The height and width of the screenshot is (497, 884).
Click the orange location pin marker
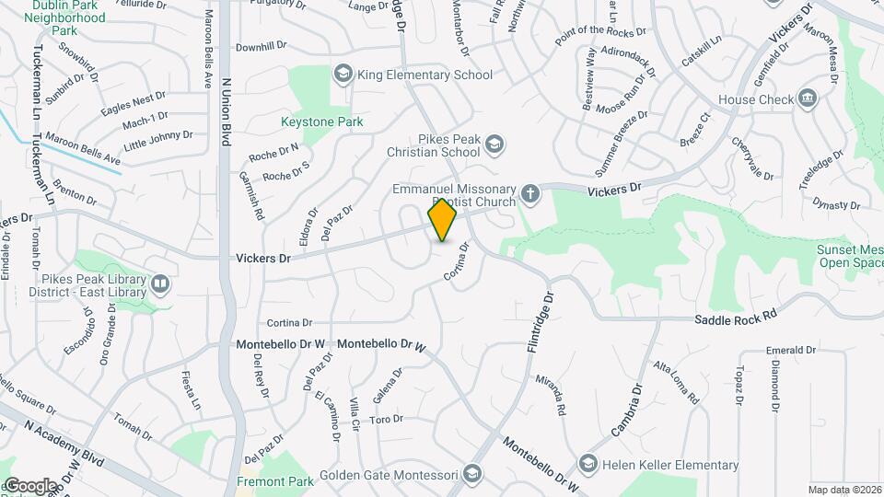click(443, 220)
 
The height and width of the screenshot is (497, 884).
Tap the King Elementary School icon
click(343, 74)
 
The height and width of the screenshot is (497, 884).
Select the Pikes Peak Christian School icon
click(495, 143)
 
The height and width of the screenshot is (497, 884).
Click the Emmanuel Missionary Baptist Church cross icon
click(529, 193)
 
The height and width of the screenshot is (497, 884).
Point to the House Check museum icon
click(808, 98)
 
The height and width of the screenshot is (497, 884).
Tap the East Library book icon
click(161, 285)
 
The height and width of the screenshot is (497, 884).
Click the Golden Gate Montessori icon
click(471, 475)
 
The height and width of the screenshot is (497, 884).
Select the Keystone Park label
click(322, 121)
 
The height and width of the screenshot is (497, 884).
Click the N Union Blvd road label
click(225, 110)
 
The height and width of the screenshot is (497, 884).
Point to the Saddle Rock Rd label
click(737, 316)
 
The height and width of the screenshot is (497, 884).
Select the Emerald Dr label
click(791, 350)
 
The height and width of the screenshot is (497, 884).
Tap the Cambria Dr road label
click(625, 410)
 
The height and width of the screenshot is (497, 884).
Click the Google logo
click(30, 485)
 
